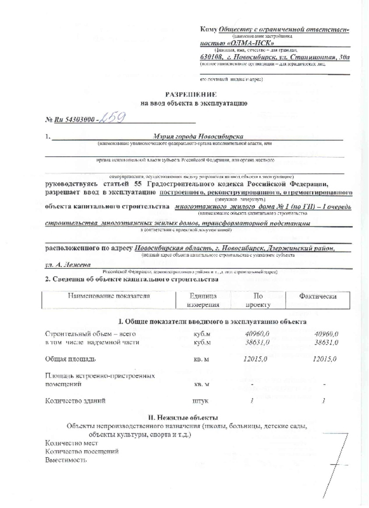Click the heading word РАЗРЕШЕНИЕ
[x=194, y=95]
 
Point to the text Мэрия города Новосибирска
[x=198, y=137]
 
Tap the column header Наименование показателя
[x=109, y=296]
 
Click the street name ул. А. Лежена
[x=65, y=266]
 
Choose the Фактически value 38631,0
[x=326, y=342]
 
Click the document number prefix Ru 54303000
[x=75, y=119]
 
